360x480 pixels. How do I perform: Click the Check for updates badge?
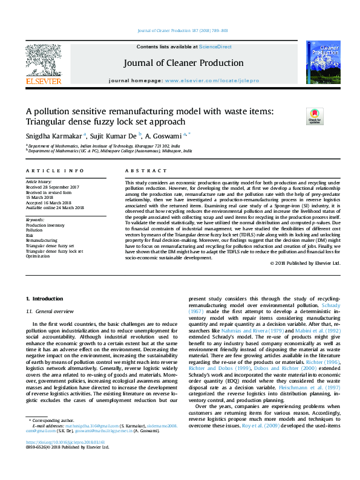298,115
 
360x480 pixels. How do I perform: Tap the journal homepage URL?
212,80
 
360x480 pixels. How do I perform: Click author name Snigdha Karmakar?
54,136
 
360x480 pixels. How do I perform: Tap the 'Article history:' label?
39,181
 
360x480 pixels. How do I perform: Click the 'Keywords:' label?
35,219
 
